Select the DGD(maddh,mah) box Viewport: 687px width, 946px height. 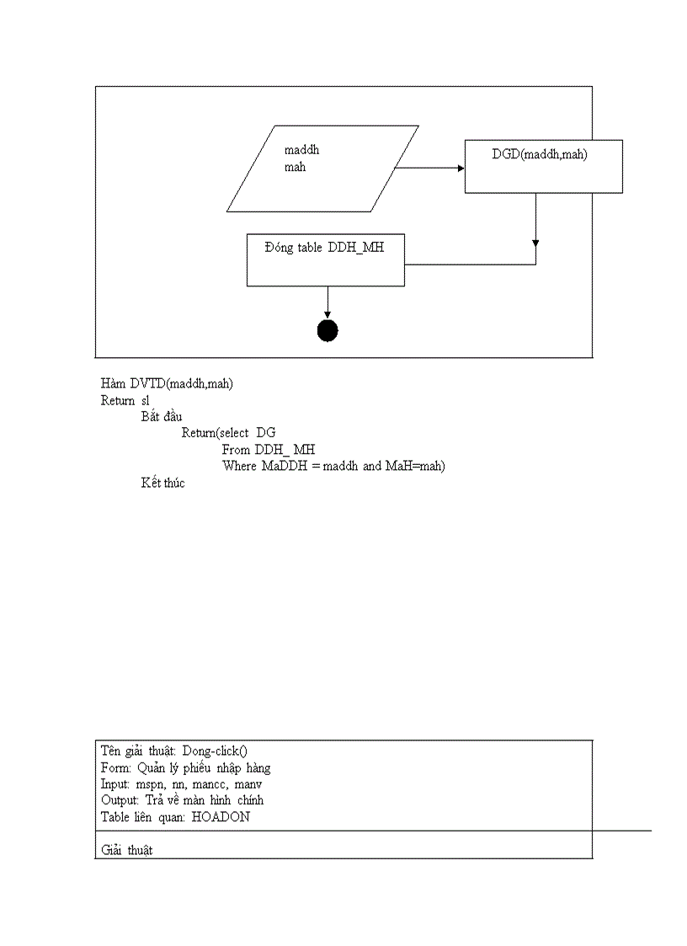[543, 167]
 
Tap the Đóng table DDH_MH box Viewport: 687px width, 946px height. [325, 261]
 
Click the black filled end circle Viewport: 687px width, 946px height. [328, 331]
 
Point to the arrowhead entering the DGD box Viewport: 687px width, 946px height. [461, 168]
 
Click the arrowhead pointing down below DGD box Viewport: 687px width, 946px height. [535, 243]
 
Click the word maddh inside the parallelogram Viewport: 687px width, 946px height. [301, 151]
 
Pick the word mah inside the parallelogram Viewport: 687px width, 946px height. [295, 167]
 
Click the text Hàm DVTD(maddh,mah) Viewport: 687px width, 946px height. [168, 383]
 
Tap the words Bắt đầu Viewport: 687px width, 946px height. [162, 416]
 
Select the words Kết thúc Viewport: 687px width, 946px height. [162, 483]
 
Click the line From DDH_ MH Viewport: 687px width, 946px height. [269, 450]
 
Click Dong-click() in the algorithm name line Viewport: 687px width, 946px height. [215, 751]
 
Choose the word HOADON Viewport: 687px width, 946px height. [221, 816]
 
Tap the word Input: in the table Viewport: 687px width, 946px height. [115, 783]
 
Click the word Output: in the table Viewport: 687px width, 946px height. [120, 799]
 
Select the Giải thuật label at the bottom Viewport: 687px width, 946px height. [126, 851]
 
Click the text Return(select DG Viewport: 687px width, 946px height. [228, 433]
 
